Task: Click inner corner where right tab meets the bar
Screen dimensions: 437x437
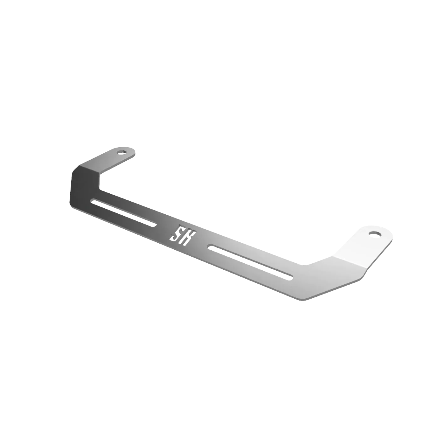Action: pos(306,264)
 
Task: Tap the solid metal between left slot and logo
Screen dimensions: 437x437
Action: pos(164,226)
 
